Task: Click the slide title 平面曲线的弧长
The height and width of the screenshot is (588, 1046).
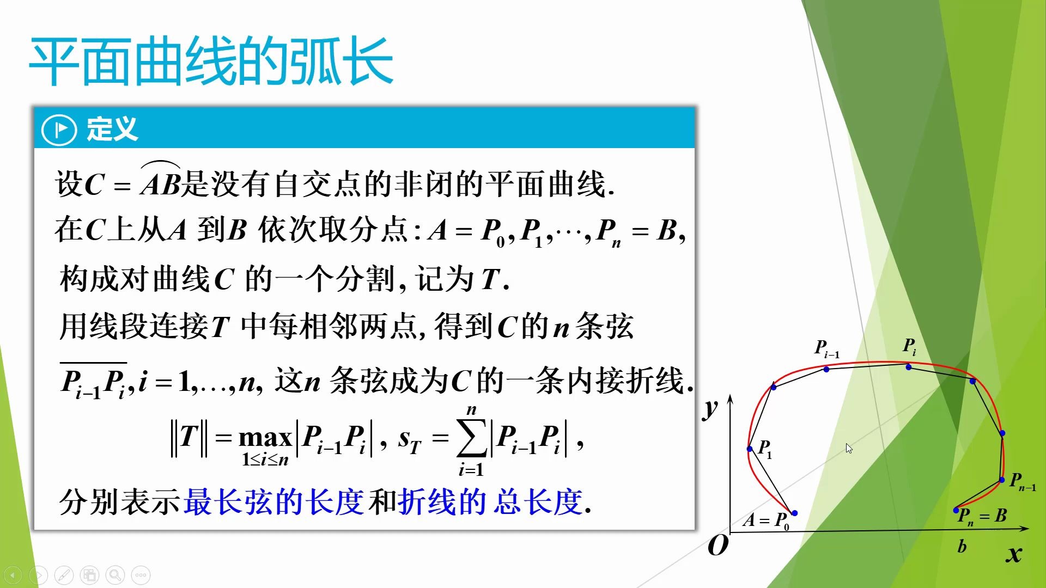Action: click(x=211, y=61)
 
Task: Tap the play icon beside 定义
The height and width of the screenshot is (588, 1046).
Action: click(x=59, y=130)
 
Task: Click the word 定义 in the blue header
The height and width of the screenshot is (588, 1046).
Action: click(x=112, y=130)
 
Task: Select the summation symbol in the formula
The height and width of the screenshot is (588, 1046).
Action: click(x=472, y=439)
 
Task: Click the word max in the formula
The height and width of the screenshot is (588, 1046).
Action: click(x=265, y=438)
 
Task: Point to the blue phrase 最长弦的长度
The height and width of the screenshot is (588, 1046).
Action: click(x=273, y=501)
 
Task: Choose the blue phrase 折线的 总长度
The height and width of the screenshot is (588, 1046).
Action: click(x=490, y=501)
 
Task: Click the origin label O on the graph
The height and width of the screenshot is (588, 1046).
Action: click(x=717, y=545)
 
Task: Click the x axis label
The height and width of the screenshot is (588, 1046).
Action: click(x=1014, y=554)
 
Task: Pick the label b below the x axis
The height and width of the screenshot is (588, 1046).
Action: click(x=962, y=546)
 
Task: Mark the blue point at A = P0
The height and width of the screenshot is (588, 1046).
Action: click(x=794, y=513)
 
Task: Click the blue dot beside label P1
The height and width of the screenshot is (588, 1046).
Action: click(x=750, y=449)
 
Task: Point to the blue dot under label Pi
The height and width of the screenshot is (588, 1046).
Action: click(x=909, y=367)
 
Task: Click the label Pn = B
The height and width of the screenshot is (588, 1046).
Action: click(x=982, y=516)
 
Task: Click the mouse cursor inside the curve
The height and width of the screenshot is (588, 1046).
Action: click(x=849, y=448)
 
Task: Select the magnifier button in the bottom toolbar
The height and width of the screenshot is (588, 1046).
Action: click(x=115, y=575)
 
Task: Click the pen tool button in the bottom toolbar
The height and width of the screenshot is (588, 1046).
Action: click(x=64, y=575)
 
